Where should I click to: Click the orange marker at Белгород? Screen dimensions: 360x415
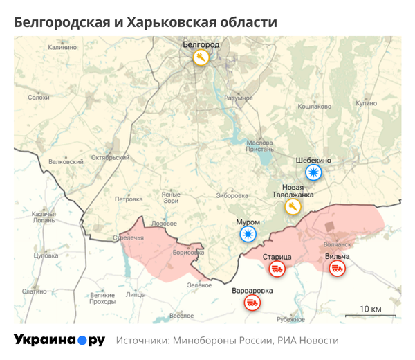point(201,57)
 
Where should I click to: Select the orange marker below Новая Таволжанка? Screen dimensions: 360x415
point(293,207)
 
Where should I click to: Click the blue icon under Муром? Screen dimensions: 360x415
point(248,235)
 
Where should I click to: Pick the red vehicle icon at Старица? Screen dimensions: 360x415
point(277,269)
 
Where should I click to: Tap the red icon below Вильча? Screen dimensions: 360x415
point(337,269)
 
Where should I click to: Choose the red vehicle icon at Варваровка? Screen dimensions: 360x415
point(252,303)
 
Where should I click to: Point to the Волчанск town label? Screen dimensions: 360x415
point(338,244)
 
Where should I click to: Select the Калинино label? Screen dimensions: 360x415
point(62,48)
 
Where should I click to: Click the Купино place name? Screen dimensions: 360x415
point(366,103)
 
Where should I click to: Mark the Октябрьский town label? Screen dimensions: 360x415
point(111,157)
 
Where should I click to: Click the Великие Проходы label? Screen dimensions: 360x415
point(102,298)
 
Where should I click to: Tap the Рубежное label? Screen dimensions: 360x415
point(290,319)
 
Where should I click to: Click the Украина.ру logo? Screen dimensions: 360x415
point(59,340)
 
